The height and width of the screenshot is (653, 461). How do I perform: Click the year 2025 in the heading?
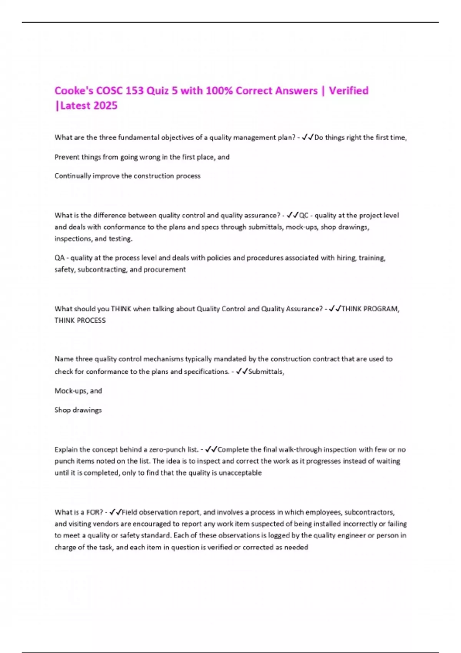[105, 106]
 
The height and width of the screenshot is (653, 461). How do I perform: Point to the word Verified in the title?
[348, 91]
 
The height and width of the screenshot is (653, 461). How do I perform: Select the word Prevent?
[66, 157]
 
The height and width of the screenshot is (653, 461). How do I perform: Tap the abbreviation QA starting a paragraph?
[59, 258]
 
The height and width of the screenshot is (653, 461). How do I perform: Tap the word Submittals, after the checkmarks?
[266, 371]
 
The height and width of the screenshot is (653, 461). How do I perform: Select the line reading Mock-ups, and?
[78, 391]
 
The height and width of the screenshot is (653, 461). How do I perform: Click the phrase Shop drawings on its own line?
[78, 410]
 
